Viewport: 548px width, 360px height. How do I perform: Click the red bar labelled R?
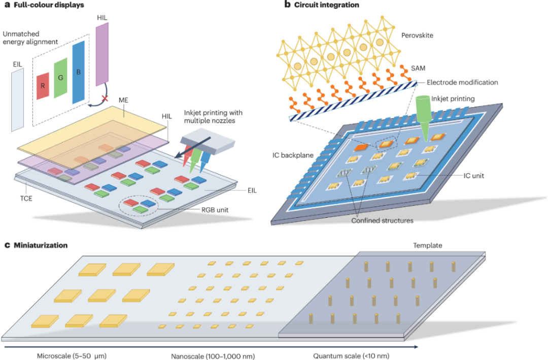43,85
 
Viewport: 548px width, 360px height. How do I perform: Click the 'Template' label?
428,245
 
